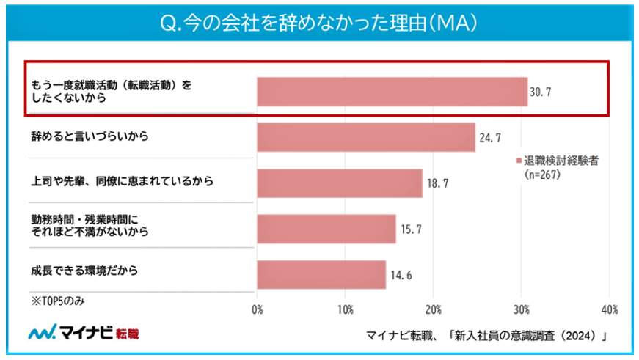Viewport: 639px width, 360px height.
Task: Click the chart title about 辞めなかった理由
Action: tap(319, 23)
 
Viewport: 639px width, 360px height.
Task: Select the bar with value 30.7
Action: tap(392, 92)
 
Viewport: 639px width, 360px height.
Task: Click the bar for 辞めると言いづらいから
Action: tap(365, 137)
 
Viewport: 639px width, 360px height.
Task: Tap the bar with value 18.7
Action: tap(339, 183)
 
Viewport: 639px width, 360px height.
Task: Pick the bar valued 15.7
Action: tap(326, 229)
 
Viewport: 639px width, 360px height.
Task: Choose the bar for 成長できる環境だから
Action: tap(321, 274)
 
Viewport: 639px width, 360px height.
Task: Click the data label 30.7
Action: tap(541, 92)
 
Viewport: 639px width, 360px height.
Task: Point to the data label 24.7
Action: tap(489, 137)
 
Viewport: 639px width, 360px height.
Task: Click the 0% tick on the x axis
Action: tap(258, 309)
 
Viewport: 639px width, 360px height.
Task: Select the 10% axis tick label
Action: tap(345, 309)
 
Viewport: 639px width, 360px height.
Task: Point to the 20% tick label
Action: tap(433, 309)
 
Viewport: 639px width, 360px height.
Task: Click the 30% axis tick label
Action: tap(521, 309)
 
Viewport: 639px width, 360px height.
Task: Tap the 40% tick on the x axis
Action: tap(609, 309)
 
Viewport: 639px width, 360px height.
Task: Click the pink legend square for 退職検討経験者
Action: tap(518, 161)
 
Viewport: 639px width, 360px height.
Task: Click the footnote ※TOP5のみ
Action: tap(58, 300)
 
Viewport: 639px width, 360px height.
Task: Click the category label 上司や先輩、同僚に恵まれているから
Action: tap(122, 181)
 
